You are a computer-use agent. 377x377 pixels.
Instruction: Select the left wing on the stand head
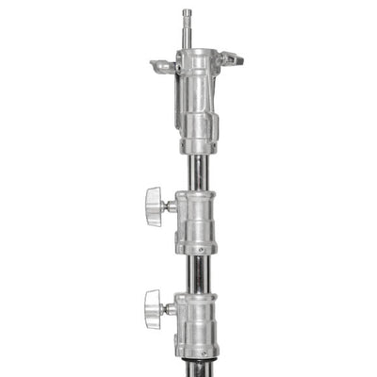(162, 67)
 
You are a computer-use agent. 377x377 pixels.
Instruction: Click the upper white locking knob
(155, 201)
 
